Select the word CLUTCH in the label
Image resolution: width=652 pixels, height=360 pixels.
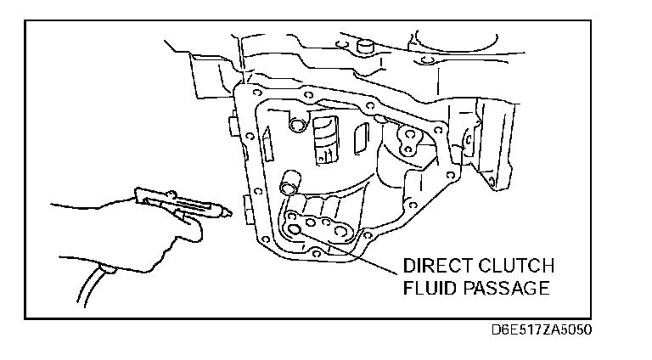point(516,264)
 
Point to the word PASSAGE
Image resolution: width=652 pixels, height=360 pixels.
point(507,288)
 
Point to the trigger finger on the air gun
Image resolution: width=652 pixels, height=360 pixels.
point(183,222)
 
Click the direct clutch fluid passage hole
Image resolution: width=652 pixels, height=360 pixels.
point(295,229)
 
